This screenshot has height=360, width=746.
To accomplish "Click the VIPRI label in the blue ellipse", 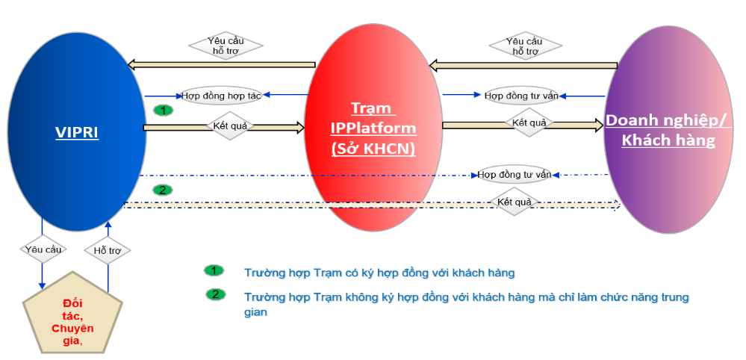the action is coord(77,132).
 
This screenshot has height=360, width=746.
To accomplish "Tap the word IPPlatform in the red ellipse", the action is coord(373,128).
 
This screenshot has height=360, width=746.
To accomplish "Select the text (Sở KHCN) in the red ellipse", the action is coord(373,149).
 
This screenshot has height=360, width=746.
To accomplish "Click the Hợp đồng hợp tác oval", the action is coord(221,96).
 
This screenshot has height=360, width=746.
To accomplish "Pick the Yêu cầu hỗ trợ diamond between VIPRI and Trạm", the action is coord(226,46).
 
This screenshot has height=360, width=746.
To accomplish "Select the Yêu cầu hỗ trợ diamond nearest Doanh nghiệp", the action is coord(525,46).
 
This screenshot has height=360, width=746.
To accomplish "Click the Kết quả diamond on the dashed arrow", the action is coord(514,202).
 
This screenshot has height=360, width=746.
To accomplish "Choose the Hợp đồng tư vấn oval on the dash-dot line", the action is coord(515,175).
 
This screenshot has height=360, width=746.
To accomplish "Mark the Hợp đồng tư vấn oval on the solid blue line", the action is coord(521,96).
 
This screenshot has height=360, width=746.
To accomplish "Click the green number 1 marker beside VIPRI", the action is coord(164,111).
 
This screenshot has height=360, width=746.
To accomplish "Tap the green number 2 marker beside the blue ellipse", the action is coord(163,190).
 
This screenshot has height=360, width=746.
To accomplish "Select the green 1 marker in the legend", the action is coord(214,270).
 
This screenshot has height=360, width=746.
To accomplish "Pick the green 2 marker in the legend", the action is coord(216,294).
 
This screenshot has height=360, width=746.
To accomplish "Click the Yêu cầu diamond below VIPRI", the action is coord(43,249).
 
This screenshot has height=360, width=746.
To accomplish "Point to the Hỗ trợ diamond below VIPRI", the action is coord(107,250).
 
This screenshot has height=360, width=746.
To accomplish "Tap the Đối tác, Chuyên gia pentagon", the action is coord(72,315).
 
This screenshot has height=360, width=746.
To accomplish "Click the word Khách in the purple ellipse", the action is coord(645,140).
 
